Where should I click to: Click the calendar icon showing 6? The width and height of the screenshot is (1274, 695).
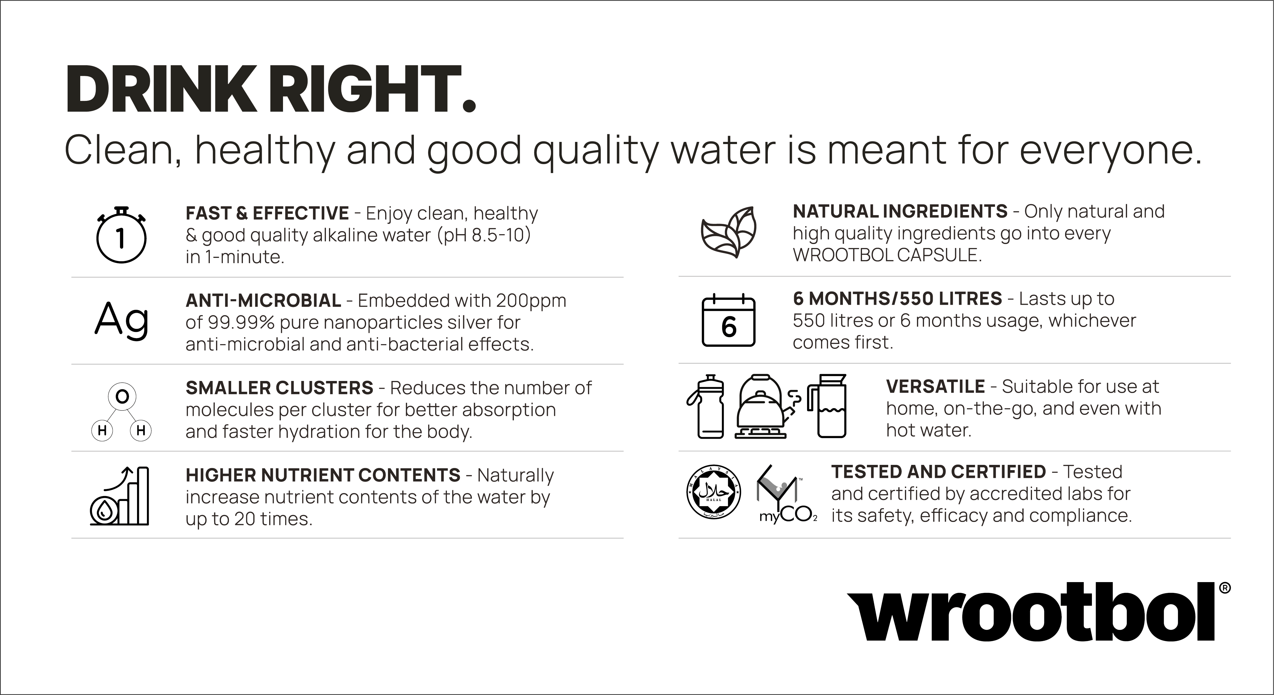tap(728, 320)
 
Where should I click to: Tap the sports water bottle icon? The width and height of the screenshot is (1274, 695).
tap(705, 406)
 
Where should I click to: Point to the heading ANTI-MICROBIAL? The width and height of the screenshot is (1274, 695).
tap(263, 300)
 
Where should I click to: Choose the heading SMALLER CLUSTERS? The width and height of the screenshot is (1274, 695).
tap(279, 388)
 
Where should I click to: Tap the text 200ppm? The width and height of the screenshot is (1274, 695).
tap(531, 301)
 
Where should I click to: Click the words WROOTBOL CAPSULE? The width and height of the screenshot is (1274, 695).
tap(887, 255)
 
